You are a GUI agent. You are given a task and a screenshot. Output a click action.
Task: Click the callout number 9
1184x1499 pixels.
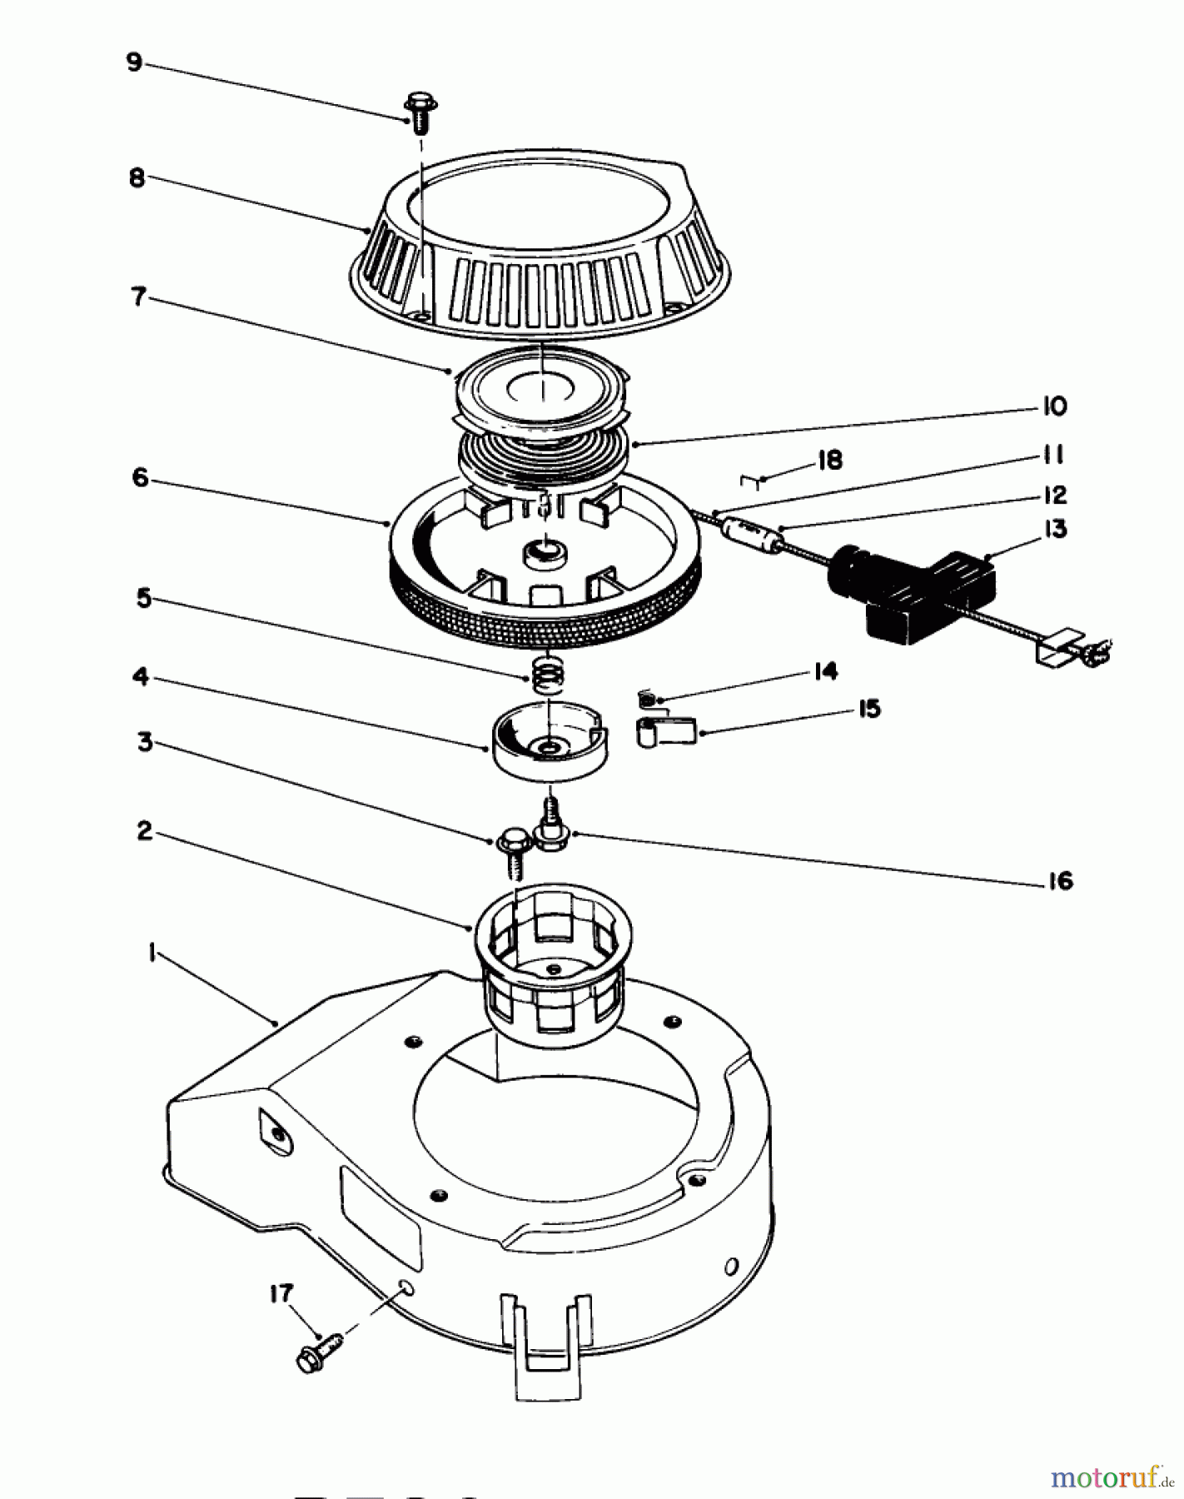coord(135,63)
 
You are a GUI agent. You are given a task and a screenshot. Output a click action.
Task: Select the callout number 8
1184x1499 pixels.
coord(137,178)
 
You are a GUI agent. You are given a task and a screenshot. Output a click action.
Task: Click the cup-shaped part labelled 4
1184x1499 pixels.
coord(548,740)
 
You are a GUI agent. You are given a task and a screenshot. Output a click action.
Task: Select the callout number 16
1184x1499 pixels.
coord(1059,880)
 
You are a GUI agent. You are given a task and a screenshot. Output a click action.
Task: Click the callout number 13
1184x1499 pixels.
coord(1055,530)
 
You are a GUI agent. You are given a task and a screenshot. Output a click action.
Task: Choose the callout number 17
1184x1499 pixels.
coord(281,1293)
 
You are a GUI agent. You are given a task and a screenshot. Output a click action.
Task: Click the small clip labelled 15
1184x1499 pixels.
coord(666,730)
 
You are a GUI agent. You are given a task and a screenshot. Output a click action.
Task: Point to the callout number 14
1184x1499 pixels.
coord(824,670)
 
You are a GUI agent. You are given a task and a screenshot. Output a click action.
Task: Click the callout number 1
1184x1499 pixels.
coord(152,954)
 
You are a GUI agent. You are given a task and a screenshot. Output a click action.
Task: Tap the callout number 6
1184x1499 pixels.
coord(140,477)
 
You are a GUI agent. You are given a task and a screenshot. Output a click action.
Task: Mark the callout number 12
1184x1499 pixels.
coord(1054,495)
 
